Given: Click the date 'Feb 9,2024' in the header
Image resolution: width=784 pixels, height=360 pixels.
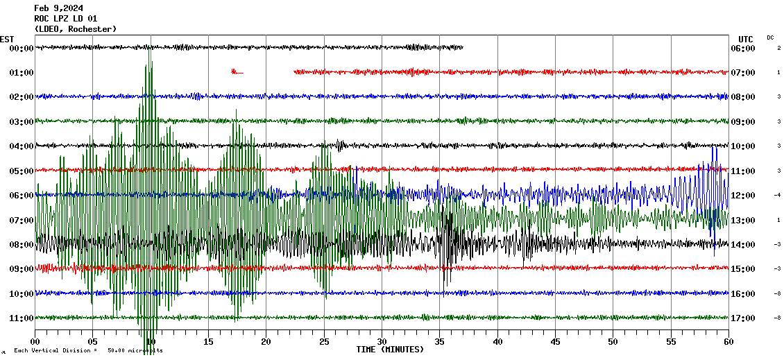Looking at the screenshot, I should pos(58,8).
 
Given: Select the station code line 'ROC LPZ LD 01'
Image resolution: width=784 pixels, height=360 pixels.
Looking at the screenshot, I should pos(66,19).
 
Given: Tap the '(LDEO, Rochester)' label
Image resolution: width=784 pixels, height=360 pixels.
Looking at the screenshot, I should pos(75,29).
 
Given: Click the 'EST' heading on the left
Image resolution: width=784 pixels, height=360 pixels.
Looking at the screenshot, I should pos(7,39).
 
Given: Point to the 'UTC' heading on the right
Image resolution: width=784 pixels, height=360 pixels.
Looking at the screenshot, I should pos(746,39).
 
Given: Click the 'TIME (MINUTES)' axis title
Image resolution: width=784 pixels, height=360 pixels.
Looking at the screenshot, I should pos(390,350).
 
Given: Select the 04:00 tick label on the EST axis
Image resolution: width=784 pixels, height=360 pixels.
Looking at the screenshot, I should pos(22,146).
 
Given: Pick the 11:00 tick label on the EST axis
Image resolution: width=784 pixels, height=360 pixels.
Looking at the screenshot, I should pos(22,318).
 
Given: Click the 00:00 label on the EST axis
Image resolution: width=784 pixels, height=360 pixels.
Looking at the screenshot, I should pos(22,49).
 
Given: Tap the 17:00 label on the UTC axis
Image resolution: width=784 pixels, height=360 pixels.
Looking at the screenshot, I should pos(743,318).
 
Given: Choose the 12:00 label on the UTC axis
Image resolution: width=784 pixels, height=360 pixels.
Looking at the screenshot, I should pos(743,196).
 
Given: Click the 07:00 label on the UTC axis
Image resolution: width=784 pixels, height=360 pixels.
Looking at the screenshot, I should pos(743,73).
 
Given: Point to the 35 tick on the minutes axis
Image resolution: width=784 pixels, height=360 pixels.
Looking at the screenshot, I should pos(440,342).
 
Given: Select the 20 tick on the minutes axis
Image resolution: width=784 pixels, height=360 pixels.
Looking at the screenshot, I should pos(266,342).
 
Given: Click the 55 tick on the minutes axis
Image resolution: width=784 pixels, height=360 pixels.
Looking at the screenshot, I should pos(671,342).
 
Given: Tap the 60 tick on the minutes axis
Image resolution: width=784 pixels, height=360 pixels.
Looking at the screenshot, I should pos(728,342).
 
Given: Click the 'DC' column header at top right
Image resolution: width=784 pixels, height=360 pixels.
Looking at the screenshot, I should pos(770,37).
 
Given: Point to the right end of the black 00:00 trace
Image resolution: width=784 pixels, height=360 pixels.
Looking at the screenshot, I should pos(462,47).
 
